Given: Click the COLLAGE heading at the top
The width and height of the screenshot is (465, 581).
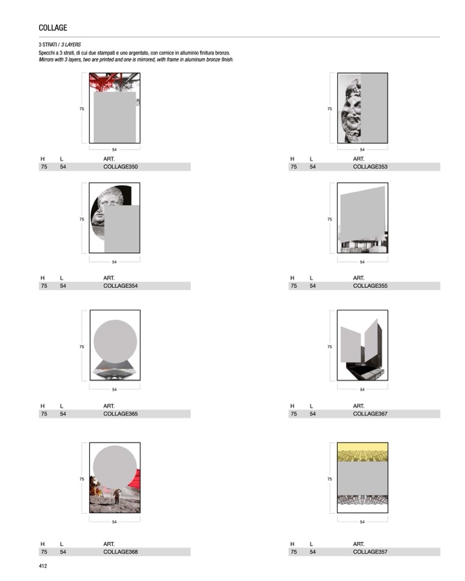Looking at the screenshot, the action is click(53, 28).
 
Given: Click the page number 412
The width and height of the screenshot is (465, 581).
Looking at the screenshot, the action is click(43, 566).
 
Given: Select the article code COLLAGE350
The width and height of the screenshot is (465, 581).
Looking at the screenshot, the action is click(121, 167).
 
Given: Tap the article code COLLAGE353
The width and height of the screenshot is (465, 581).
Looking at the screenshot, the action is click(370, 167).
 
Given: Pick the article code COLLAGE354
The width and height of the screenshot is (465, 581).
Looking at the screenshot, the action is click(121, 286).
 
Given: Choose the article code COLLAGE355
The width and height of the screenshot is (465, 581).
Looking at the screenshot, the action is click(370, 286).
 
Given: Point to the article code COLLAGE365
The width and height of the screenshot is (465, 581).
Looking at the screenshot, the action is click(121, 414).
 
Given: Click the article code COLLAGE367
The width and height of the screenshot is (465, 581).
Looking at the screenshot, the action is click(370, 414).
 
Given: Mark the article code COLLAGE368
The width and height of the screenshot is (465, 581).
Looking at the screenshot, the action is click(121, 552).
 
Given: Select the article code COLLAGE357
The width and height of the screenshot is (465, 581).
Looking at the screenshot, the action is click(370, 552).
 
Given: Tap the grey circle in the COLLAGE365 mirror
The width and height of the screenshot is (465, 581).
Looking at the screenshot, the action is click(115, 342).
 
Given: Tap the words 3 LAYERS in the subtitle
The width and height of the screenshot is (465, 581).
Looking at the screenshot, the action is click(71, 44).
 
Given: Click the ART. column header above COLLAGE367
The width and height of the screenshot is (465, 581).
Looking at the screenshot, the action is click(358, 406).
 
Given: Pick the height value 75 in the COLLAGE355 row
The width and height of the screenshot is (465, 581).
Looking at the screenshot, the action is click(294, 286).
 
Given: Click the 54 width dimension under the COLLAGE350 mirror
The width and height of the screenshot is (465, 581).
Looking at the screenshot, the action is click(114, 149).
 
